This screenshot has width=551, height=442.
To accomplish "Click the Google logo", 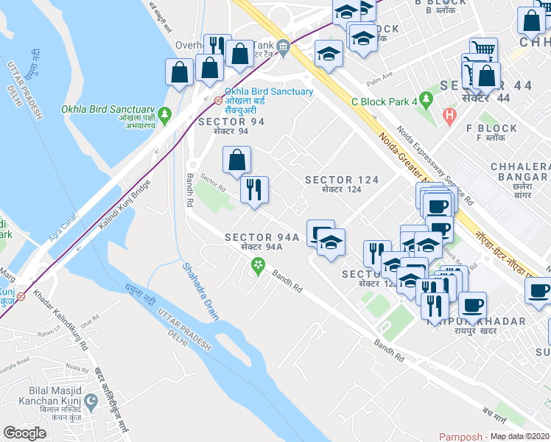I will pyautogui.click(x=25, y=433).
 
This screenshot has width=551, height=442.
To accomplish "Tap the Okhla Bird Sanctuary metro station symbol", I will pyautogui.click(x=218, y=100).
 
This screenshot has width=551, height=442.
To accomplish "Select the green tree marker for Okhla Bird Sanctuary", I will pyautogui.click(x=165, y=116).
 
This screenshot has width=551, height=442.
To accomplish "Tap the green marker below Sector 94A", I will pyautogui.click(x=258, y=265).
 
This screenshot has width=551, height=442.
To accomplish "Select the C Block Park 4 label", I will pyautogui.click(x=384, y=101).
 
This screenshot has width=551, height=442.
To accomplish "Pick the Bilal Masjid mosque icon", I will pyautogui.click(x=91, y=403).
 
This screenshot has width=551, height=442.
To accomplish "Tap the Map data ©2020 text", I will pyautogui.click(x=519, y=436).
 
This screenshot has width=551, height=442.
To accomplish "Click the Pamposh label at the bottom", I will pyautogui.click(x=460, y=436).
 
